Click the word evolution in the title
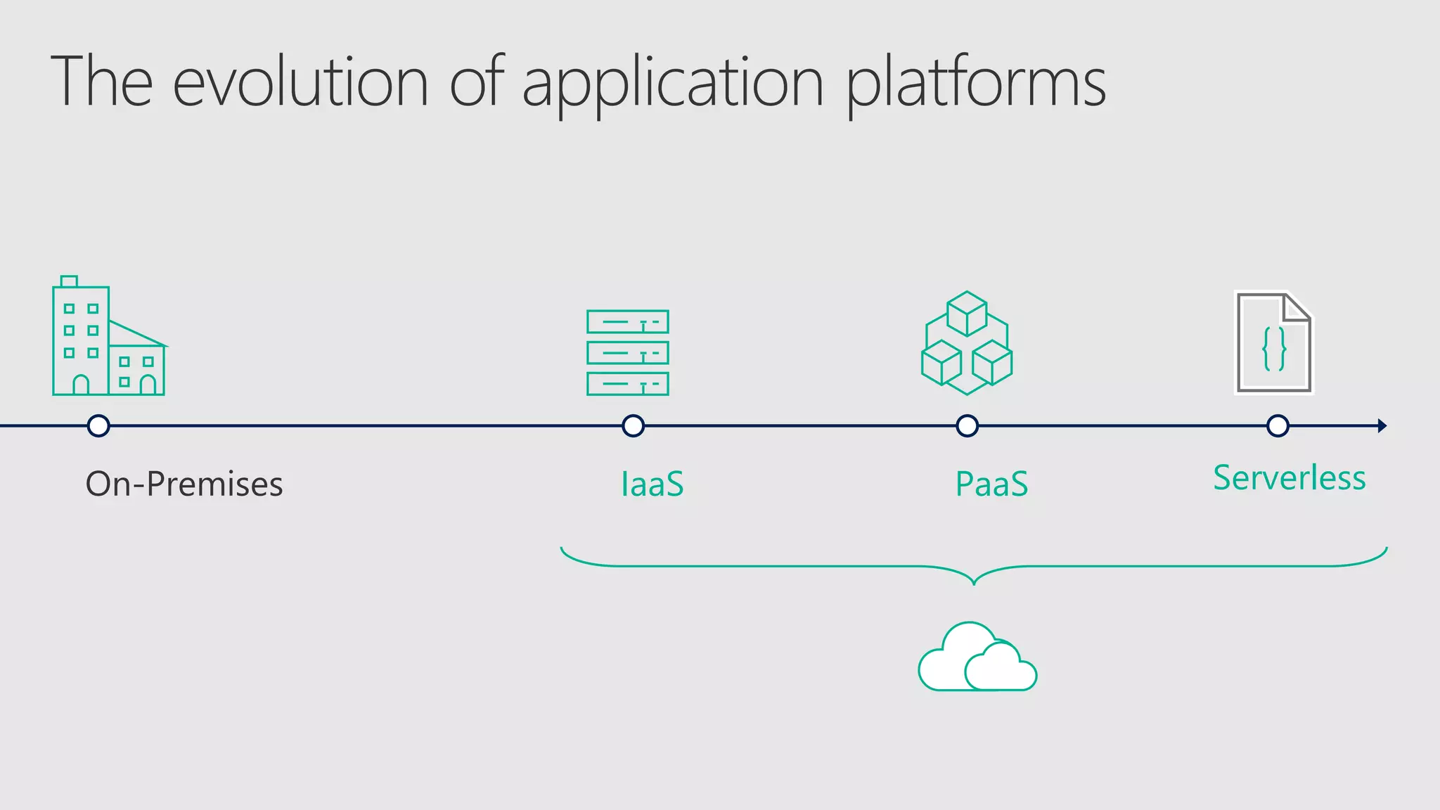[x=300, y=82]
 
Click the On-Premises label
[x=184, y=484]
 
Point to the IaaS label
[x=652, y=484]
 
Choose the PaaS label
[x=991, y=484]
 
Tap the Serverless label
[x=1289, y=478]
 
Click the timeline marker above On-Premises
[x=98, y=425]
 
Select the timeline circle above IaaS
[x=633, y=425]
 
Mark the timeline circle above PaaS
[x=967, y=425]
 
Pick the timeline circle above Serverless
[x=1278, y=425]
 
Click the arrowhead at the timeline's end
[x=1382, y=425]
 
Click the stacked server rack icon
[x=627, y=352]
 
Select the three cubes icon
[x=967, y=343]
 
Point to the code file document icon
[x=1274, y=342]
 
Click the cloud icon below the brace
[x=977, y=658]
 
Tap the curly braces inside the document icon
[x=1274, y=349]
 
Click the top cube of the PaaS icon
[x=967, y=314]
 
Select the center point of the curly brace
[x=974, y=579]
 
